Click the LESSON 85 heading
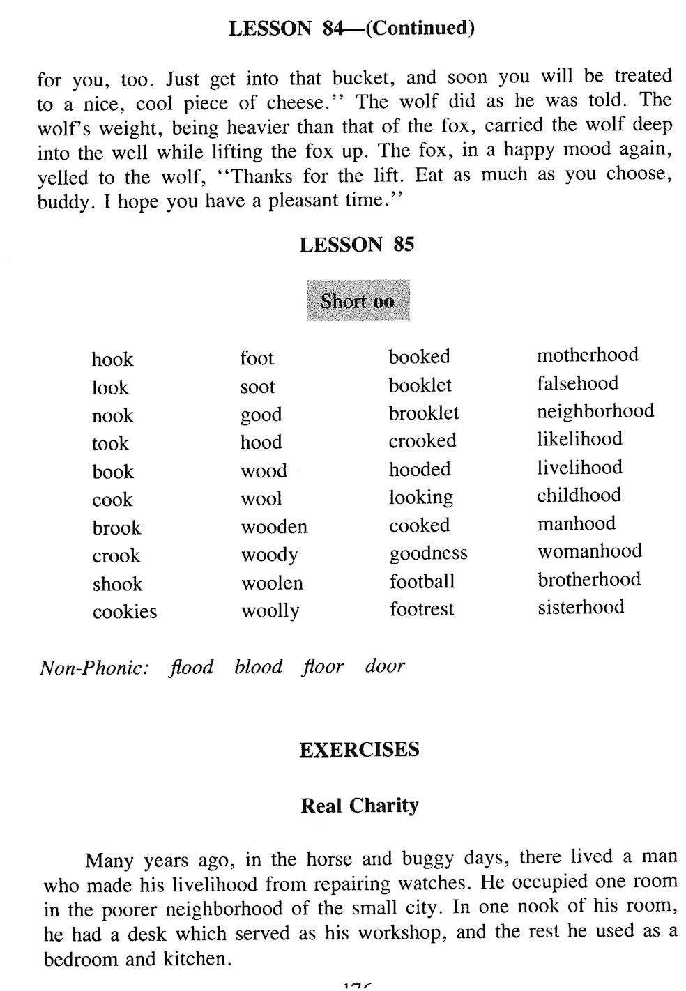click(356, 245)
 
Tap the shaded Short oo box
click(358, 301)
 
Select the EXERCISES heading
click(359, 750)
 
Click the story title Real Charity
click(359, 806)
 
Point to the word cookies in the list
click(125, 612)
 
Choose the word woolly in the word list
click(270, 612)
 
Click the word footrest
click(421, 610)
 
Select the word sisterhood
click(581, 607)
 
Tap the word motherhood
click(587, 355)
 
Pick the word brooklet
click(423, 413)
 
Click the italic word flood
click(191, 667)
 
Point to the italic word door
click(384, 666)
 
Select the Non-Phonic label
click(94, 668)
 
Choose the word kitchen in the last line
click(195, 959)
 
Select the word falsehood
click(577, 383)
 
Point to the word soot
click(257, 387)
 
